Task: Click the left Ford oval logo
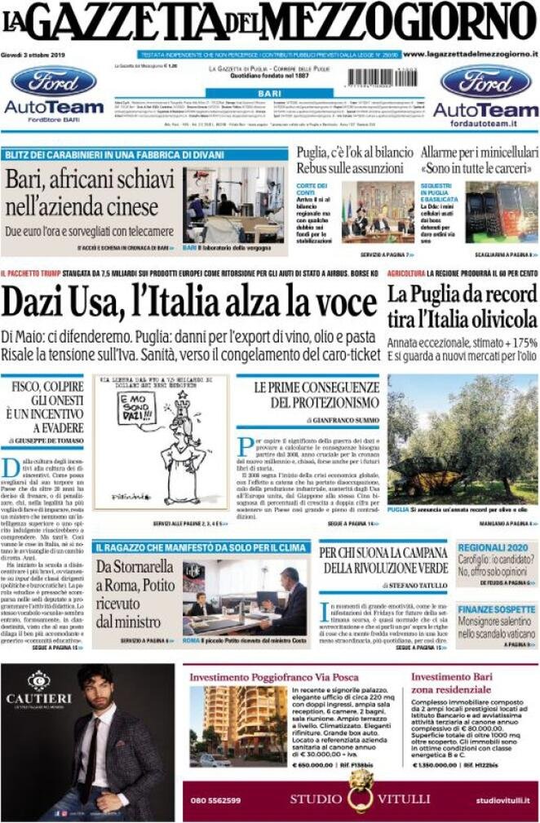coord(54,82)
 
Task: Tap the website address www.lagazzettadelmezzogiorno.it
coord(470,54)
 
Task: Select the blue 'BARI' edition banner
coord(269,95)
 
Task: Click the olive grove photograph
coord(463,440)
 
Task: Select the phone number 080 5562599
coord(215,800)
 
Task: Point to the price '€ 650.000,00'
coord(314,766)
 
